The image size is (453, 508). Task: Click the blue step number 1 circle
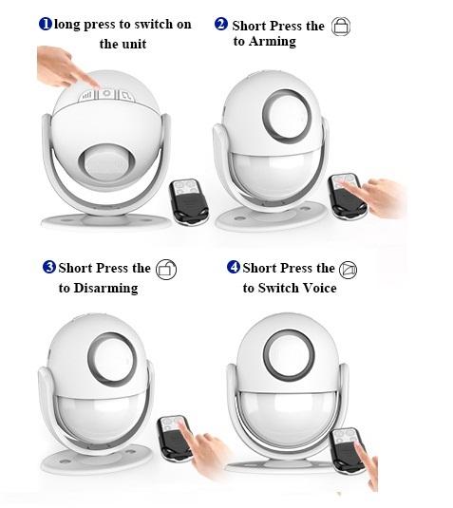tap(46, 24)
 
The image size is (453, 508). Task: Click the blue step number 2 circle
tap(221, 25)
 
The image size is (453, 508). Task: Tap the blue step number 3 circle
tap(49, 267)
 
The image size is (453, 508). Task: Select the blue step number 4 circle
tap(234, 267)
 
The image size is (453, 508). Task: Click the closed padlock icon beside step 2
tap(341, 27)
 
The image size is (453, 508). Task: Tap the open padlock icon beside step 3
tap(166, 270)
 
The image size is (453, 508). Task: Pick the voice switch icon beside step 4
tap(348, 270)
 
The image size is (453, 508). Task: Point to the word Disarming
tap(106, 289)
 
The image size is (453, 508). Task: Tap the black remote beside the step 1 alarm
tap(189, 201)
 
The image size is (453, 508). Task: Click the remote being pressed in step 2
tap(348, 196)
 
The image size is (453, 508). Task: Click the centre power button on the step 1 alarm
tap(106, 94)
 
